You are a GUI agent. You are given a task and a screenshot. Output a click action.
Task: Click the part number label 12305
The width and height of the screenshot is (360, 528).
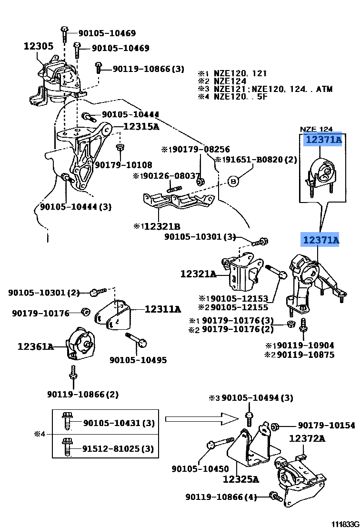pos(38,46)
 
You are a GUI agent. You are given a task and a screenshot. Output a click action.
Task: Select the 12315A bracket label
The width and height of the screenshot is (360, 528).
pos(141,126)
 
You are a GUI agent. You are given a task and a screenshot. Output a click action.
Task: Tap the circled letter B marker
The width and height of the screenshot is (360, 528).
pos(233,181)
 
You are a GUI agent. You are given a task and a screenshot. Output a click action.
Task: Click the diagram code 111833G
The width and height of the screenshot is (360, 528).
pos(345,523)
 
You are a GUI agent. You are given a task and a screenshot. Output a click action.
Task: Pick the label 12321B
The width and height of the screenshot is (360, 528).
pos(157,226)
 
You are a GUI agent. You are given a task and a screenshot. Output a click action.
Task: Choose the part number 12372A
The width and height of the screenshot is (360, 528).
pos(307,438)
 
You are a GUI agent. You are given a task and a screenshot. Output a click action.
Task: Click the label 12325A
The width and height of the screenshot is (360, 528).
pos(240,479)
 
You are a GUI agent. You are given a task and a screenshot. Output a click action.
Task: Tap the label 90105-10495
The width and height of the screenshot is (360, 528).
pos(138,360)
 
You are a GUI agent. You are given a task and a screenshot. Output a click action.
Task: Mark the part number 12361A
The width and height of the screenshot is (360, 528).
pos(36,346)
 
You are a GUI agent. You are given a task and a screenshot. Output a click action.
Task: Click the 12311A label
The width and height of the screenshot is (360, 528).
pos(163,309)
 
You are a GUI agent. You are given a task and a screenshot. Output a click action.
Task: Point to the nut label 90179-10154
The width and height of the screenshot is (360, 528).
pos(327,425)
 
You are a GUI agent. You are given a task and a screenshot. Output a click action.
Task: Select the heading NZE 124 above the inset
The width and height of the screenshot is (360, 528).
pos(316,129)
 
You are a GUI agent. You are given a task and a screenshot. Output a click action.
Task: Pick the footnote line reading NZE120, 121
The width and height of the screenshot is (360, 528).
pos(240,73)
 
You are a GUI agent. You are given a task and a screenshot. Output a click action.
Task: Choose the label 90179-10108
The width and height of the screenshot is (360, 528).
pos(123,165)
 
